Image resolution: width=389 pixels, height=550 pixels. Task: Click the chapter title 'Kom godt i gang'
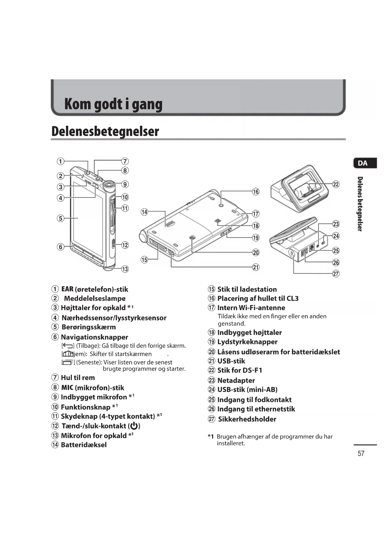[113, 104]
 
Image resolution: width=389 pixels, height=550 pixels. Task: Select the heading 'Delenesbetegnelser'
[105, 131]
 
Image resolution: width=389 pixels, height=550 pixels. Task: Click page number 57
[361, 453]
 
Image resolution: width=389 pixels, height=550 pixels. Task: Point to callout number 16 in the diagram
[256, 192]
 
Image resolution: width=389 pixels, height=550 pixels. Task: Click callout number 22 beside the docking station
[336, 184]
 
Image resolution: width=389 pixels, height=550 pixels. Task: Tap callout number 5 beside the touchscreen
[60, 218]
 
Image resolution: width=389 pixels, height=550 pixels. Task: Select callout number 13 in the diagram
[125, 269]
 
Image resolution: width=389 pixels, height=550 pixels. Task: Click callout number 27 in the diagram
[336, 274]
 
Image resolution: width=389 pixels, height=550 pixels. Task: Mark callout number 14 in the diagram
[144, 212]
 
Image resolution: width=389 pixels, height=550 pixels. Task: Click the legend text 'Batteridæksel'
[84, 445]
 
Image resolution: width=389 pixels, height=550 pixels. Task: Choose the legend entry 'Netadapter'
[236, 380]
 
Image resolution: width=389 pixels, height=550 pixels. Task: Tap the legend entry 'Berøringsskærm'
[89, 327]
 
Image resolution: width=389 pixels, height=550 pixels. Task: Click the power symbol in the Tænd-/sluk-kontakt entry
[134, 426]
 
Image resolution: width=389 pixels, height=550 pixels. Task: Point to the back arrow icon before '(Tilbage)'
[68, 346]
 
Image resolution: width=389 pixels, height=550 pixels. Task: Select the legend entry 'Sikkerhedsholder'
[247, 419]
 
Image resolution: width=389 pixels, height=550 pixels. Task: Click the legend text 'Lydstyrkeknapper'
[247, 342]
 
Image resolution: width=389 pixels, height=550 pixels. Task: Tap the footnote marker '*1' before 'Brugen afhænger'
[211, 436]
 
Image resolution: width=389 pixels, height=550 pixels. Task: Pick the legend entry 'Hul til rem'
[78, 378]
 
